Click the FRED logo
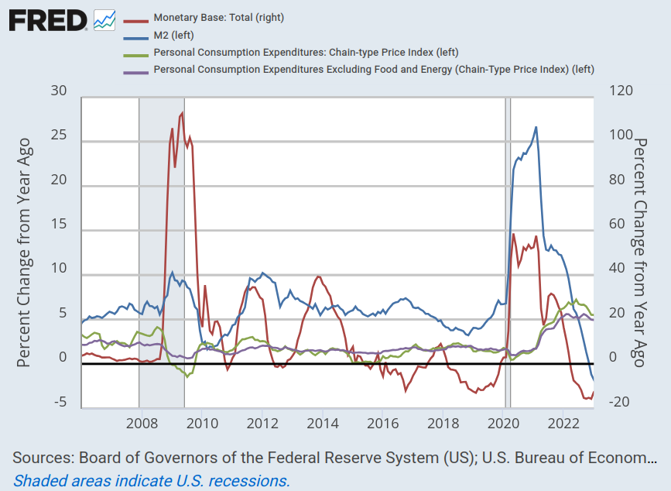coord(48,20)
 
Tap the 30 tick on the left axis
coord(59,91)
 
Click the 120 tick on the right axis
coord(621,91)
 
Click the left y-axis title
coord(24,252)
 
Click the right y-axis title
coord(642,252)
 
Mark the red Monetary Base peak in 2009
coord(182,113)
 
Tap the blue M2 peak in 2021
coord(536,127)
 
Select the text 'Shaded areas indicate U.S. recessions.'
coord(152,480)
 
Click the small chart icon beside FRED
coord(104,20)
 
